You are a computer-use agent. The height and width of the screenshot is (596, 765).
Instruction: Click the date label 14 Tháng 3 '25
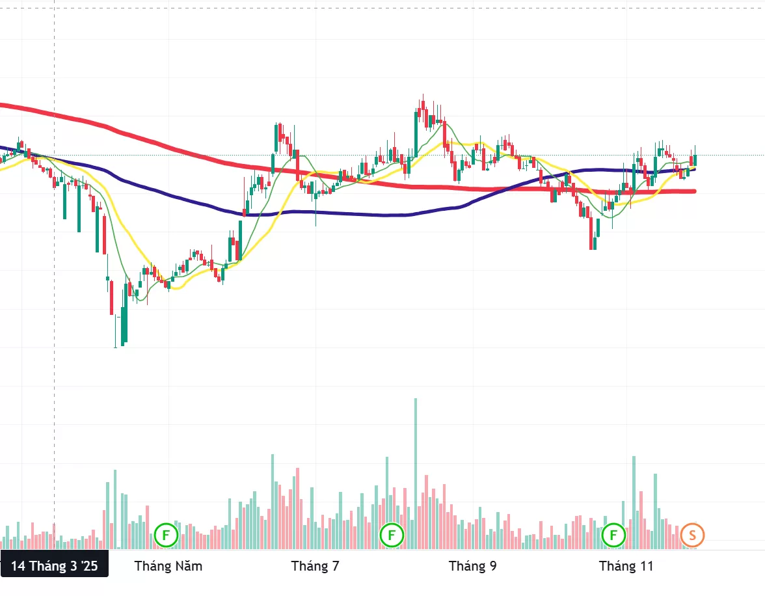coord(54,566)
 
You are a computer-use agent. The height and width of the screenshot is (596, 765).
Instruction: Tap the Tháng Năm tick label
coord(168,566)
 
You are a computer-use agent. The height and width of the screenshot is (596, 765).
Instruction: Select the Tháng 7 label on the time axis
coord(315,566)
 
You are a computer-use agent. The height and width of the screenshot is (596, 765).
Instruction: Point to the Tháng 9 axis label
coord(472,566)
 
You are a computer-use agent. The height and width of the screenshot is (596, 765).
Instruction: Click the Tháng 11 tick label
coord(626,566)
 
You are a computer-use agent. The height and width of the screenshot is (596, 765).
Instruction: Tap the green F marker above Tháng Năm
coord(166,535)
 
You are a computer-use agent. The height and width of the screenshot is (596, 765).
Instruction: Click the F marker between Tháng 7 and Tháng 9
coord(392,535)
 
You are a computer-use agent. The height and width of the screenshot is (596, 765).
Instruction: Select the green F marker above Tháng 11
coord(613,535)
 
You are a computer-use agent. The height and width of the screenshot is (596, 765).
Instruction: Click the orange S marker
coord(692,535)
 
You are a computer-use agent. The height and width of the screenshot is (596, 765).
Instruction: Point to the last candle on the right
coord(695,158)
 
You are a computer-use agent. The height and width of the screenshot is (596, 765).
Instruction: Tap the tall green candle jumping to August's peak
coord(416,130)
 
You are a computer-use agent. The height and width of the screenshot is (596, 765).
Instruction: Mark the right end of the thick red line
coord(694,191)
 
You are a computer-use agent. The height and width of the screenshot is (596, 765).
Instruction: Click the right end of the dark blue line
coord(694,169)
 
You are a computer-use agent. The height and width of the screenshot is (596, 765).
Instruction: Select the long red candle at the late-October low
coord(591,234)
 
